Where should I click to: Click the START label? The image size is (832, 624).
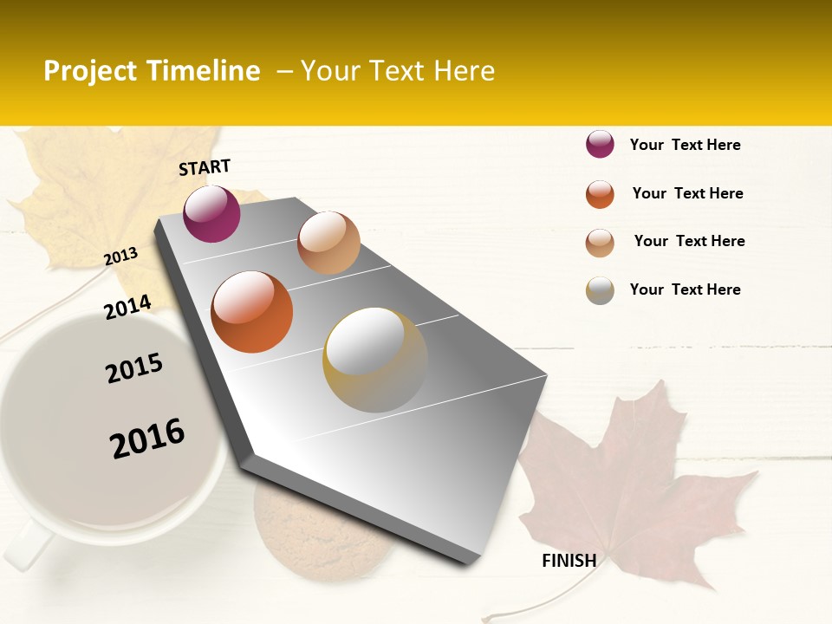(205, 167)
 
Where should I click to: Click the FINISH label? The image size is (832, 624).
(569, 561)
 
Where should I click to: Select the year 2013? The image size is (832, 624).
(120, 257)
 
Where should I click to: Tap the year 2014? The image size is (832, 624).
(127, 307)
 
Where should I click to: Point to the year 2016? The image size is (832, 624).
(147, 439)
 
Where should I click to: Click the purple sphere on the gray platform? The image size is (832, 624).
(211, 213)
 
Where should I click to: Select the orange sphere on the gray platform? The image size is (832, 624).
(251, 312)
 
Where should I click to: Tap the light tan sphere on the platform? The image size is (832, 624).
(328, 243)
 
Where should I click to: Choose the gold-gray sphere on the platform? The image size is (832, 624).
(375, 359)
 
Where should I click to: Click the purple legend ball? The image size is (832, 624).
(600, 144)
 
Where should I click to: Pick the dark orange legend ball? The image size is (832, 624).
(600, 193)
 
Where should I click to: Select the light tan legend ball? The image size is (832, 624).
(600, 242)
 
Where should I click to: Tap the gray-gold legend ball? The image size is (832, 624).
(600, 290)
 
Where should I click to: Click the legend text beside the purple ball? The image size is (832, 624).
(685, 145)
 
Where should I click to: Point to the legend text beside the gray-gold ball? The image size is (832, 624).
(685, 289)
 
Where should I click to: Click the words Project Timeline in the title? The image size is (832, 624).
(152, 71)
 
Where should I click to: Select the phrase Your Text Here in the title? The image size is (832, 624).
(397, 71)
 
